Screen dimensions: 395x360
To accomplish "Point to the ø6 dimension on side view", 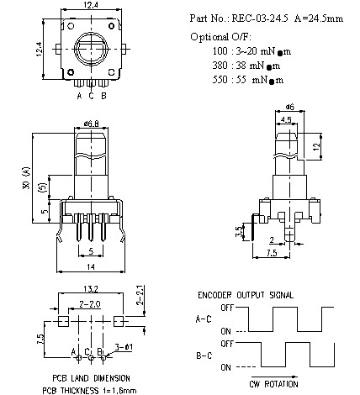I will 288,107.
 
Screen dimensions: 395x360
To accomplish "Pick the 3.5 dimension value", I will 240,229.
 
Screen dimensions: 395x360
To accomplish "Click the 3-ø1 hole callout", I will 123,345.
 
